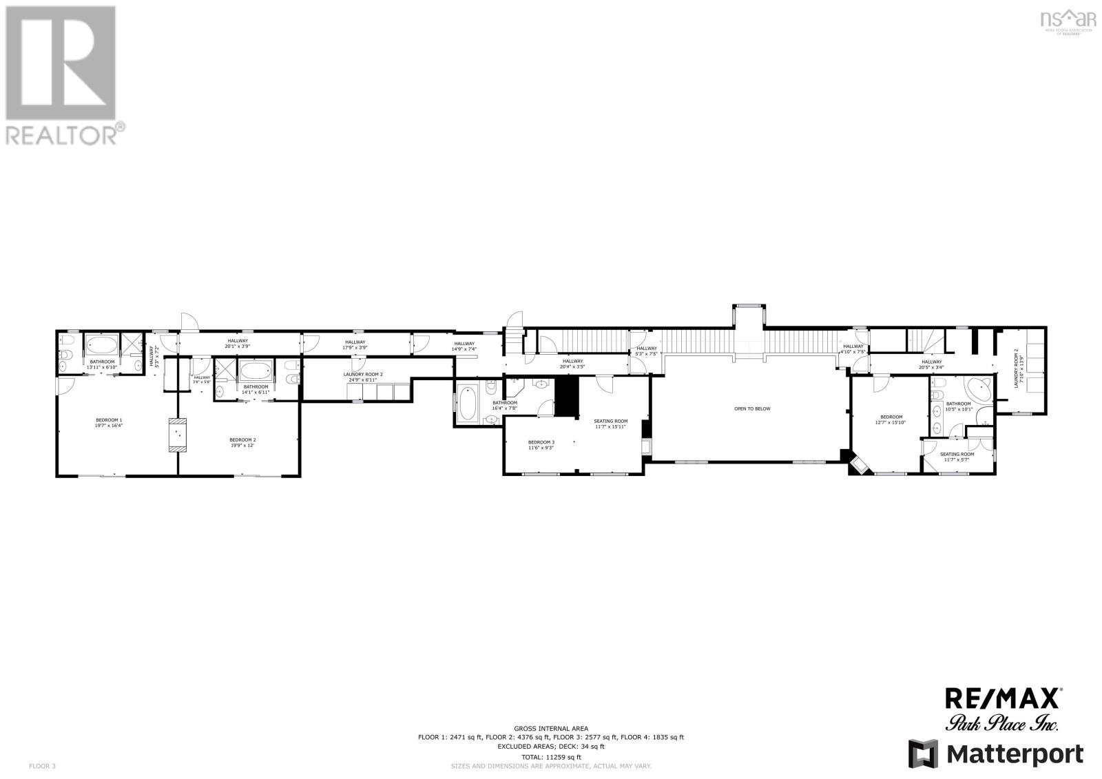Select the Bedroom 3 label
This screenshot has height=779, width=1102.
(x=541, y=444)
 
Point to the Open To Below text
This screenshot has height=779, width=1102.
(x=752, y=408)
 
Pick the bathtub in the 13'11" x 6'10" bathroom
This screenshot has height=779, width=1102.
(x=101, y=344)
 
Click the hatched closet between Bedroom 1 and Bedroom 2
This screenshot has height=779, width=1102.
(x=178, y=435)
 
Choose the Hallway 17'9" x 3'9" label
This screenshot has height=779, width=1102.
(x=355, y=344)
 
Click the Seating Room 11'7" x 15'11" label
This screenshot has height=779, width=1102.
(x=611, y=424)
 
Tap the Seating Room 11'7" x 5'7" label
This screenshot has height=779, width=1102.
(x=957, y=457)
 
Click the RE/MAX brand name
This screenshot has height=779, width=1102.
(x=1002, y=698)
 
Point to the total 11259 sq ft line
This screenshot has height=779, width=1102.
(x=550, y=757)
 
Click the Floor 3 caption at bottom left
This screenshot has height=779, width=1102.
(x=42, y=765)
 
